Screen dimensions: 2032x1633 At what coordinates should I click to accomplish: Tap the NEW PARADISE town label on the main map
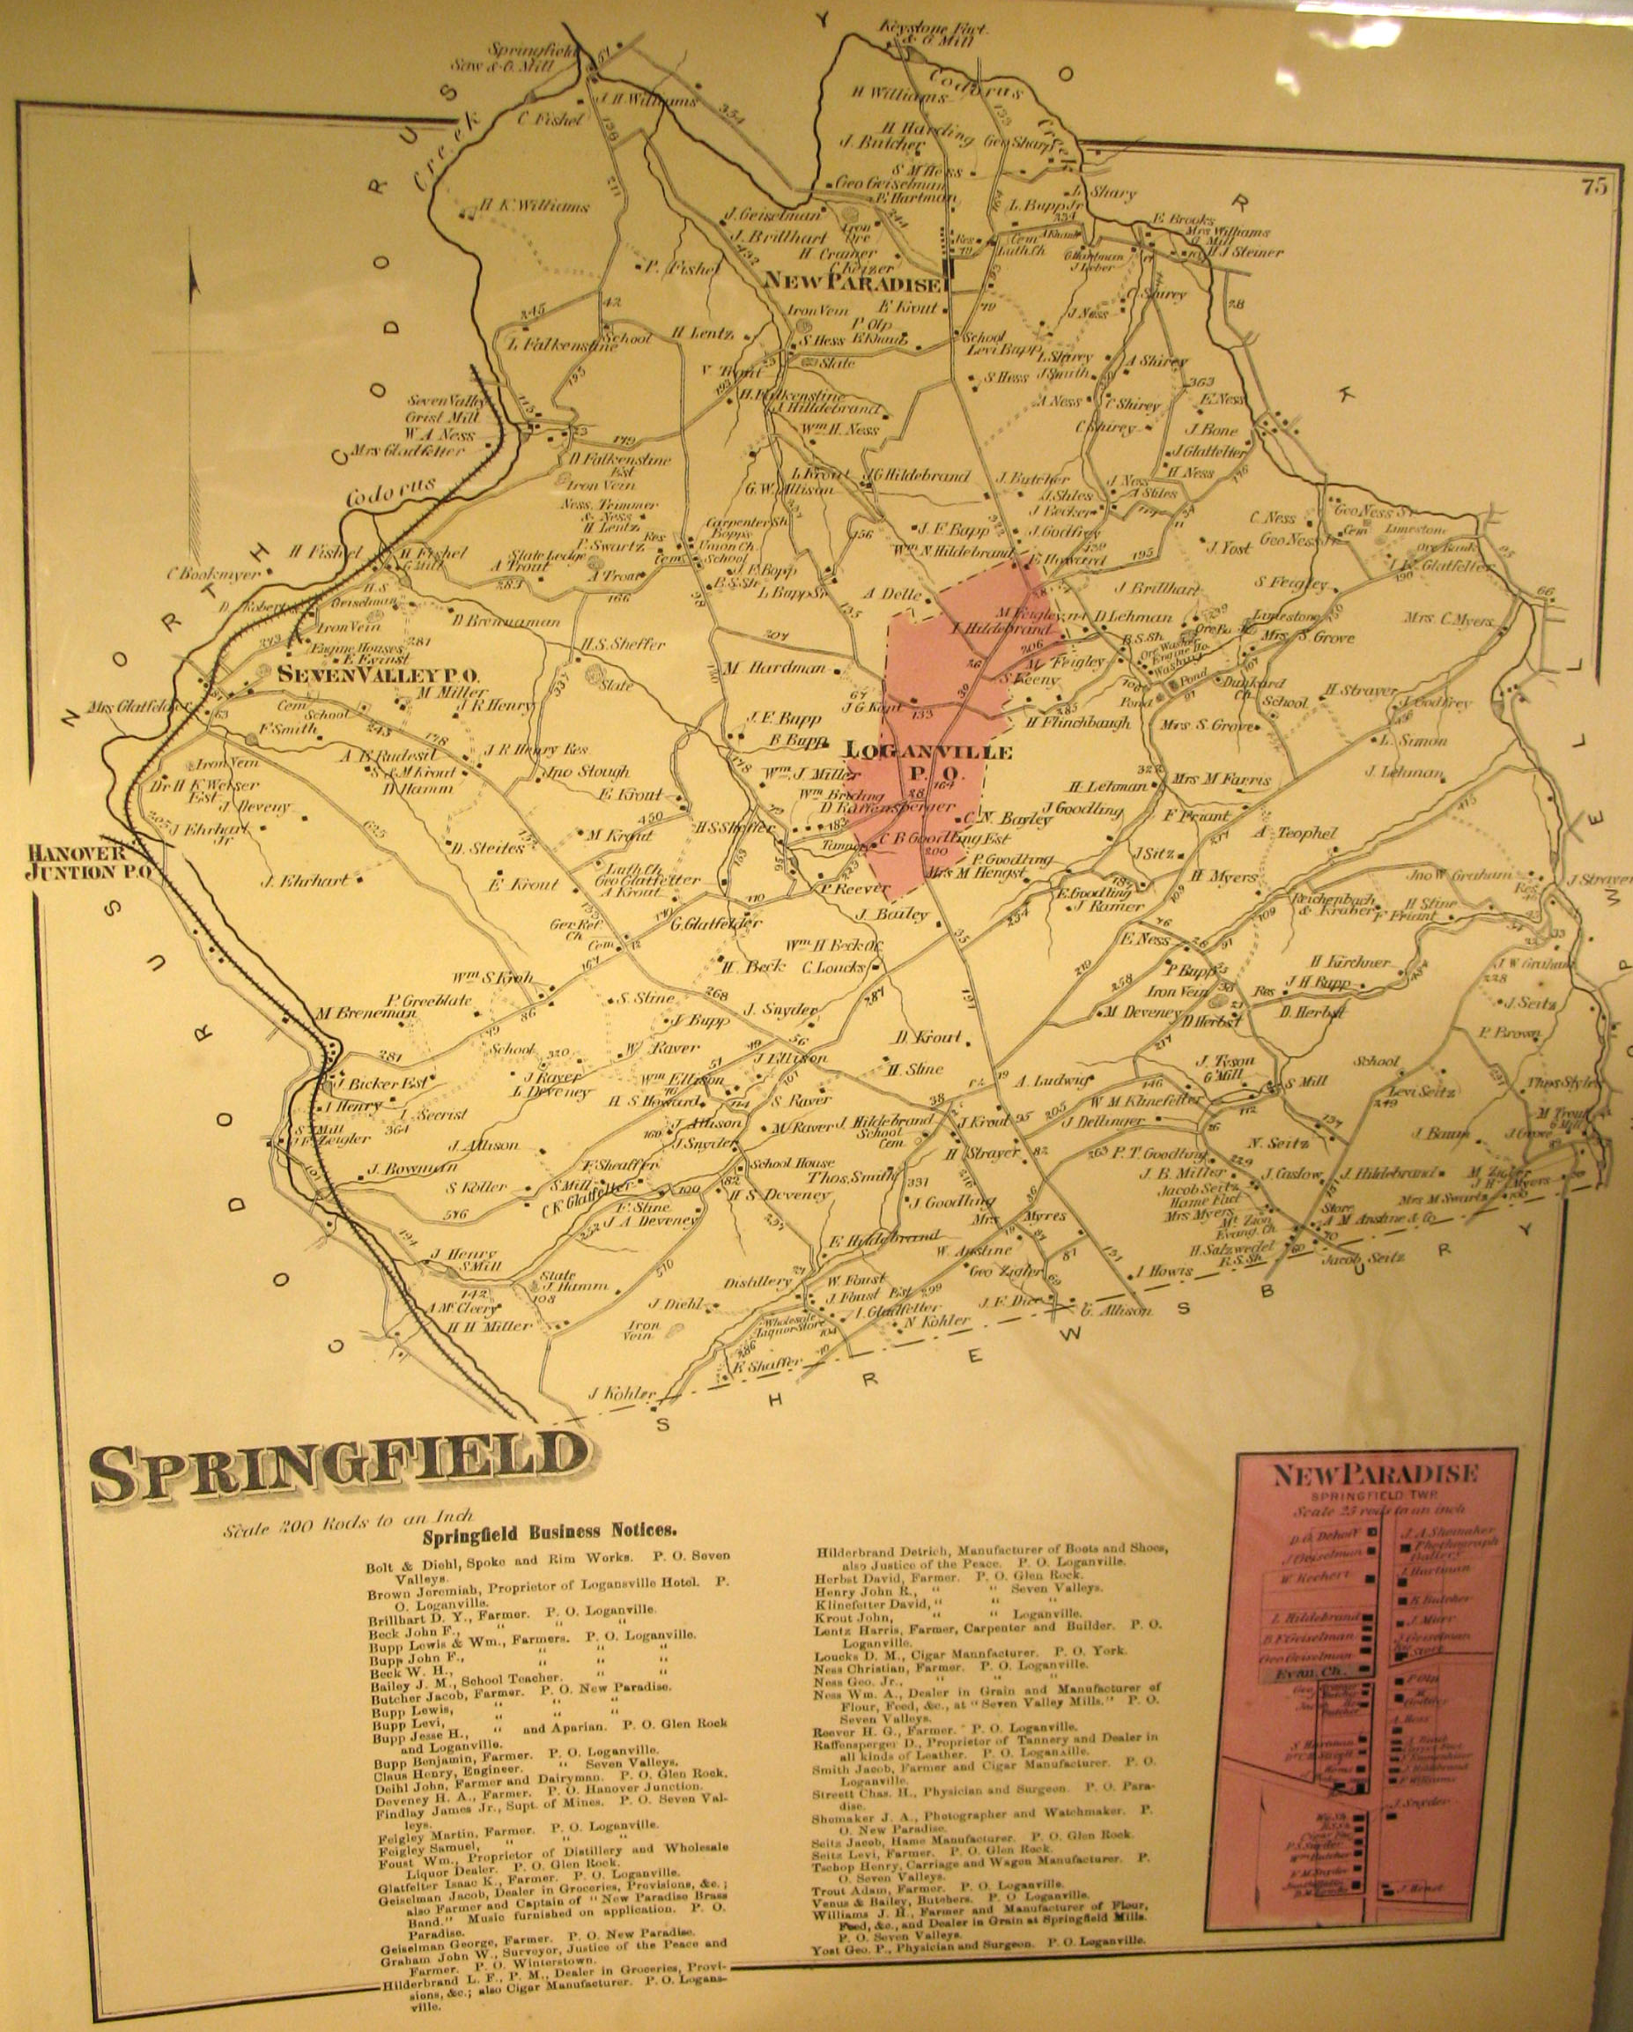coord(852,282)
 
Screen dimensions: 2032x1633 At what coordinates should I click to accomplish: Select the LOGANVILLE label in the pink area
coord(929,753)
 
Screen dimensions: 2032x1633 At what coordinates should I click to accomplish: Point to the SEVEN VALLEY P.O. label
coord(378,676)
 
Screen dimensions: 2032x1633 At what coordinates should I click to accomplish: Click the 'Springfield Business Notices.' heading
coord(549,1534)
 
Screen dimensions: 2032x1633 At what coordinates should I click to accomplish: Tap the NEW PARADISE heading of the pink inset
coord(1374,1474)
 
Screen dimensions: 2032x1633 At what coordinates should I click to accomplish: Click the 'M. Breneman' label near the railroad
coord(366,1014)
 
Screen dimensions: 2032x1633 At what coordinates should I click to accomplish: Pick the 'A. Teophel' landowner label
coord(1295,834)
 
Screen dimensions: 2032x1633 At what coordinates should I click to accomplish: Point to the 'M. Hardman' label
coord(774,668)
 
